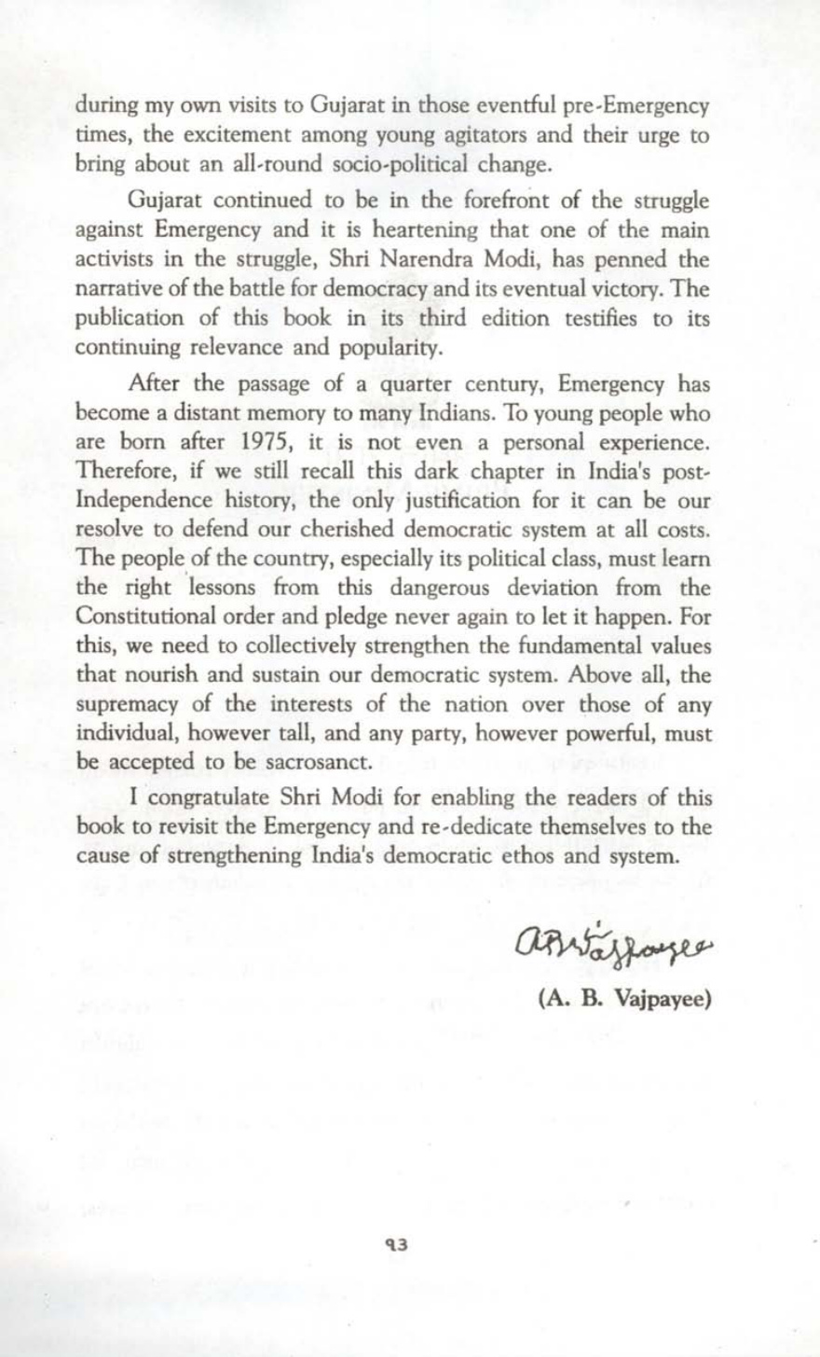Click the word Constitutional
pyautogui.click(x=150, y=617)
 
